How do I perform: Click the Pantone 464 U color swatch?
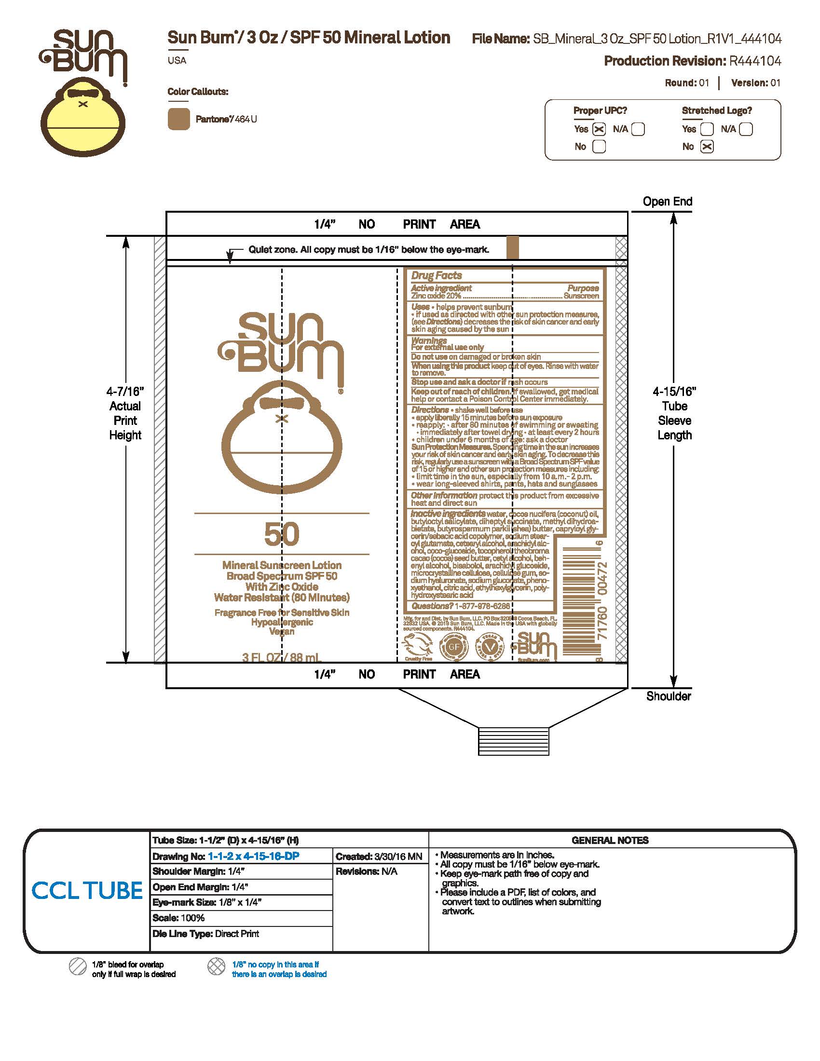click(178, 119)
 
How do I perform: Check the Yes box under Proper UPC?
click(599, 129)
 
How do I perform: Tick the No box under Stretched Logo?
click(707, 147)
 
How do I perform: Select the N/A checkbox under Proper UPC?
click(638, 129)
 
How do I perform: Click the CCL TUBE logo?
click(87, 890)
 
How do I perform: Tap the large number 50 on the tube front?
click(282, 534)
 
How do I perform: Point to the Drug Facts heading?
click(436, 275)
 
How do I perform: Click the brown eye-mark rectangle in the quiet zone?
click(512, 247)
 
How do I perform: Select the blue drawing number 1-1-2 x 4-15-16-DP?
click(254, 857)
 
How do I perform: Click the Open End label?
click(667, 202)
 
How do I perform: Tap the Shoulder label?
click(668, 696)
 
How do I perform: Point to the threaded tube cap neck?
click(514, 741)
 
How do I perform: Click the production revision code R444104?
click(755, 61)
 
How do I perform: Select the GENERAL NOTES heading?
click(610, 841)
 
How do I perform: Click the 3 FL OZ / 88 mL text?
click(282, 658)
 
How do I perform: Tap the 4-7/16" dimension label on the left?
click(125, 392)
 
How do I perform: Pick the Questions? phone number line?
click(461, 606)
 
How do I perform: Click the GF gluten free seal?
click(454, 647)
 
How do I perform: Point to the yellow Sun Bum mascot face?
click(83, 122)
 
